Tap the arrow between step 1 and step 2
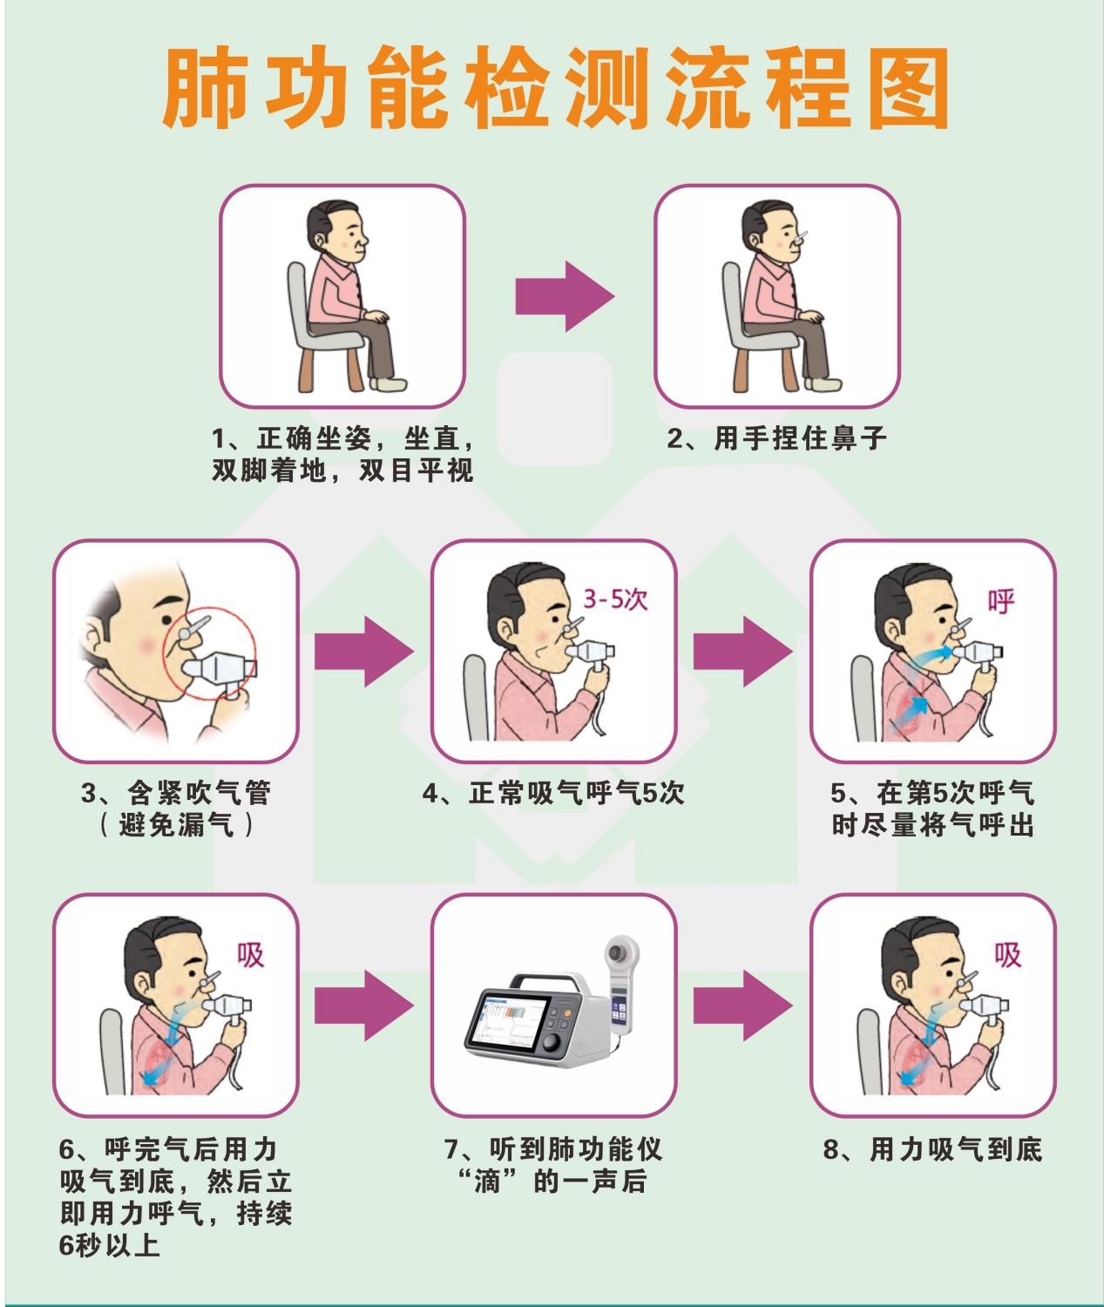(564, 295)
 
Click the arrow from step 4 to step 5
(743, 651)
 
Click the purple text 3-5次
(615, 600)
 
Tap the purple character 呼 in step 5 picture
(1001, 601)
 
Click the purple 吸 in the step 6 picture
(250, 955)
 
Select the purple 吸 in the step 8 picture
(1008, 955)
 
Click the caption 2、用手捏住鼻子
(777, 438)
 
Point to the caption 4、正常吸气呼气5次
(553, 794)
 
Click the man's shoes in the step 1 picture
(388, 383)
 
